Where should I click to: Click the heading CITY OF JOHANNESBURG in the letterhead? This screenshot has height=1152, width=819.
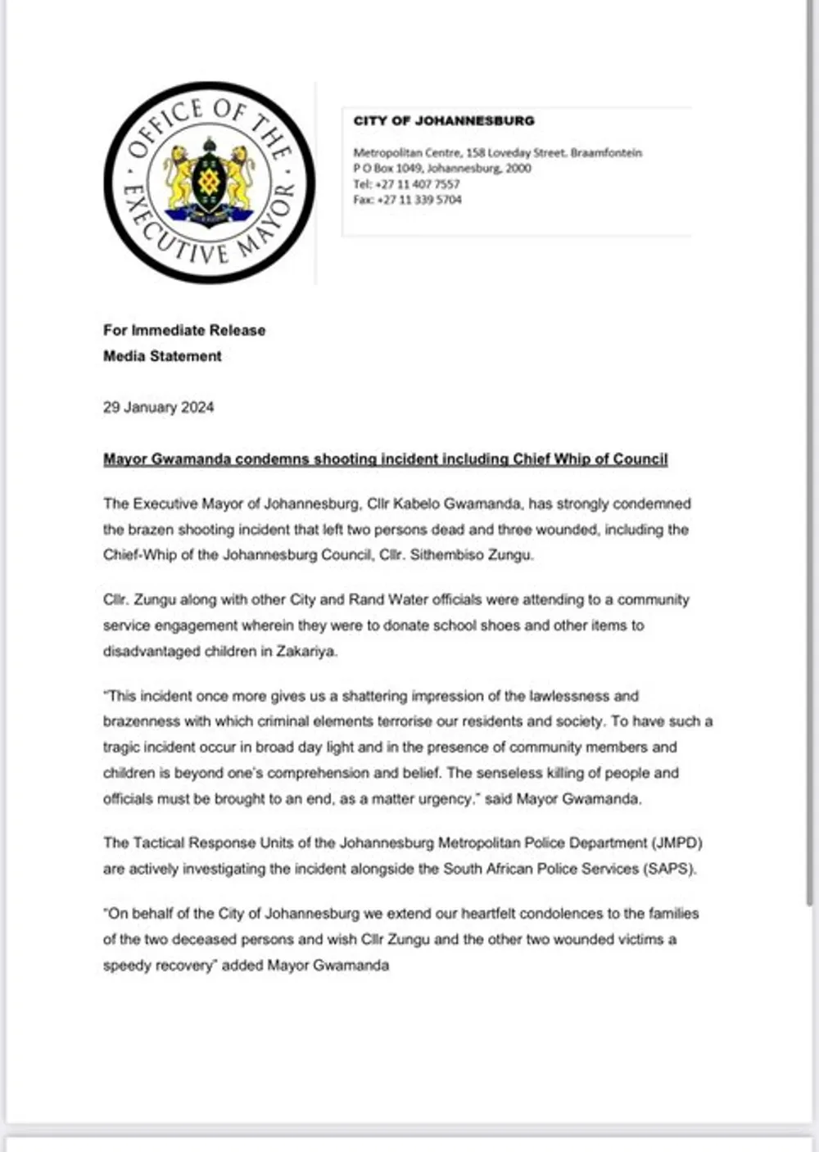coord(443,121)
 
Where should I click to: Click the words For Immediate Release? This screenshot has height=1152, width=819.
coord(184,331)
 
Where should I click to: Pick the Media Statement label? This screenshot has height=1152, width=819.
coord(162,356)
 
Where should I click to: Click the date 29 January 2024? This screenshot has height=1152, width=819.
coord(158,408)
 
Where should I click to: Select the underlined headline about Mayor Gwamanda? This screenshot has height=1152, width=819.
coord(385,459)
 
